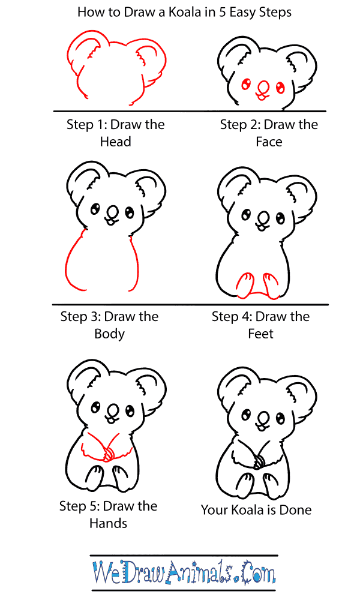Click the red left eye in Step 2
[x=247, y=83]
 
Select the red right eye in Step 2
[x=280, y=87]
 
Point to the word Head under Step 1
[x=116, y=142]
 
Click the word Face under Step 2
[x=269, y=142]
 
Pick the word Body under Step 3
[x=109, y=334]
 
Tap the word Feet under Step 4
[x=260, y=334]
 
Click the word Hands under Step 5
[x=108, y=523]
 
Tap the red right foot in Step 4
[x=271, y=285]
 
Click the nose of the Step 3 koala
[x=112, y=211]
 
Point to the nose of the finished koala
[x=262, y=416]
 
